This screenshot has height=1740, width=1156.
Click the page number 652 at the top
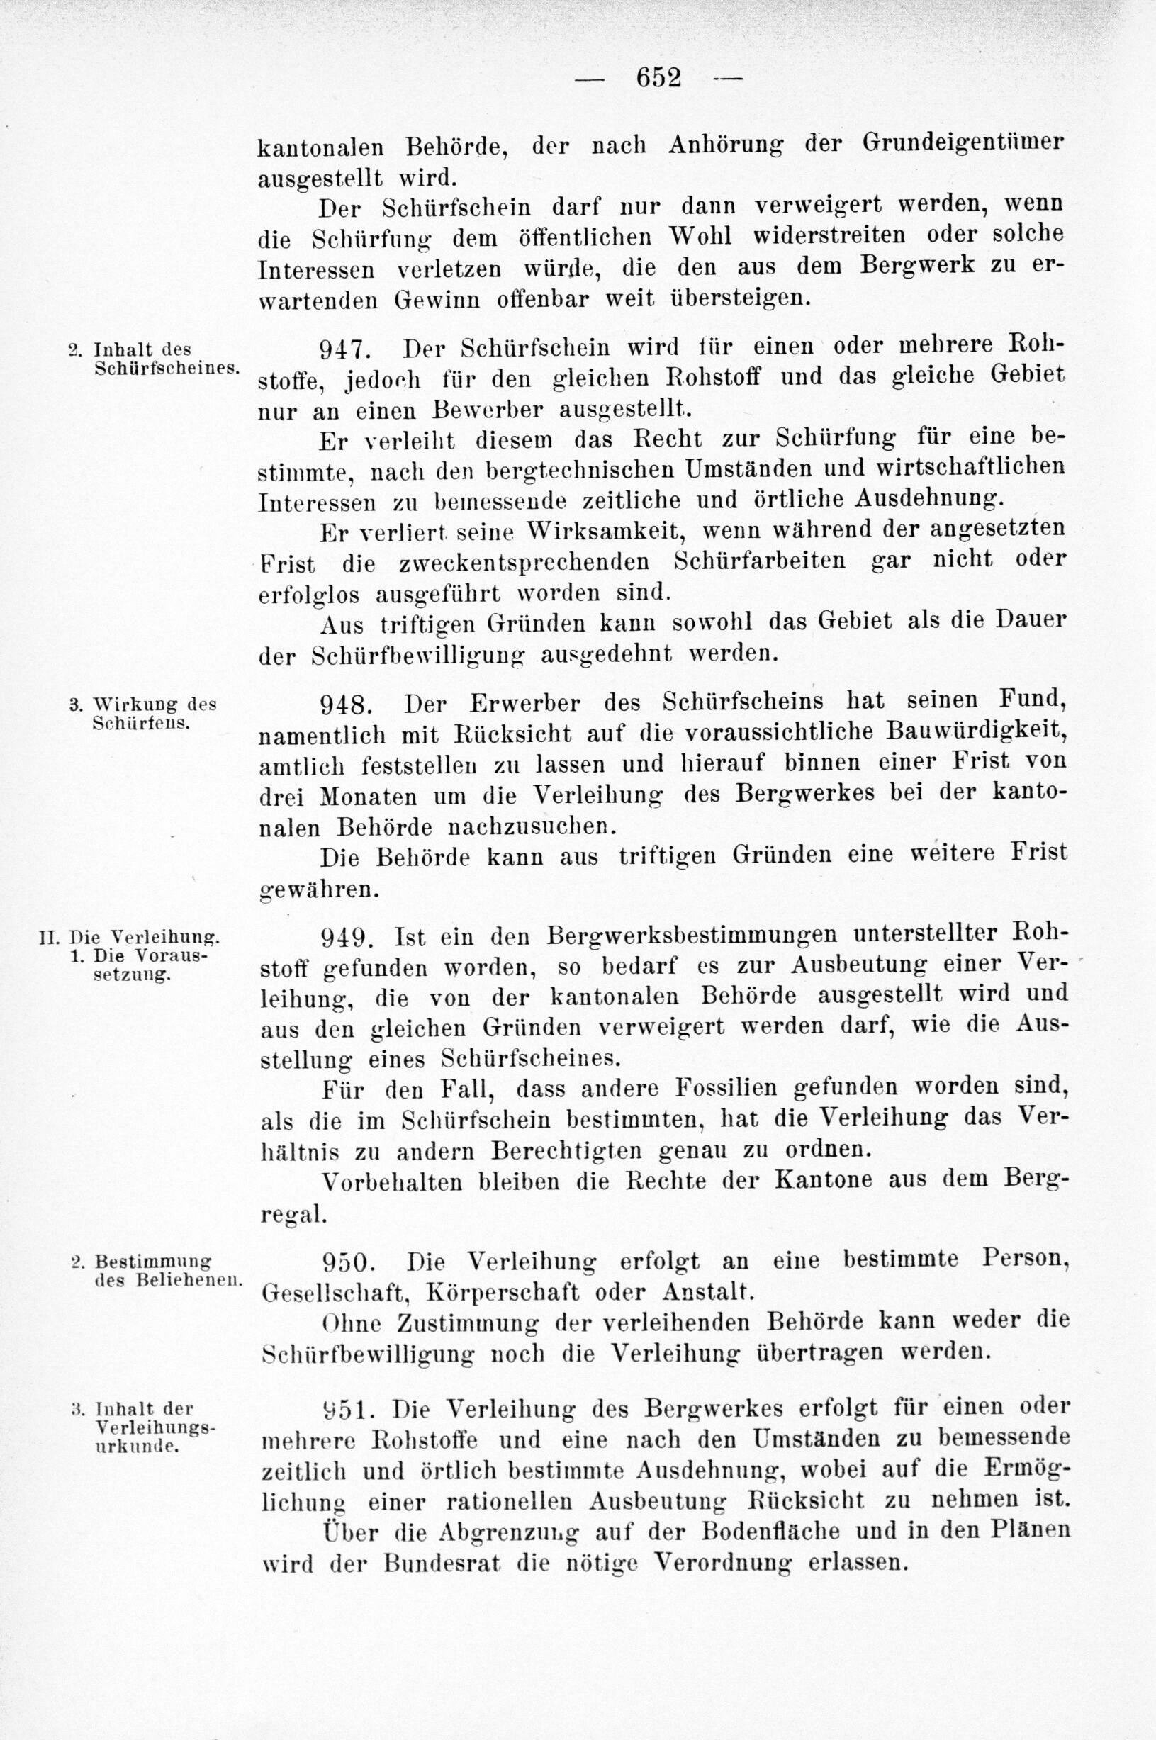[658, 77]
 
